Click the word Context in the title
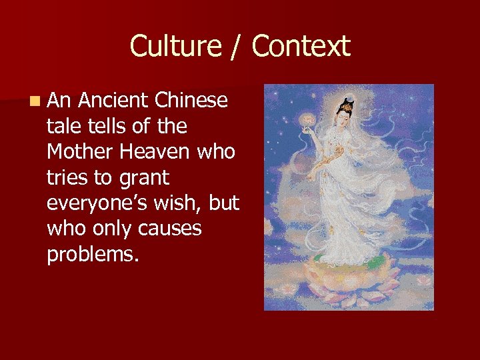(x=301, y=47)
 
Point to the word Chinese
(x=191, y=101)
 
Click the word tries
(x=67, y=177)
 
